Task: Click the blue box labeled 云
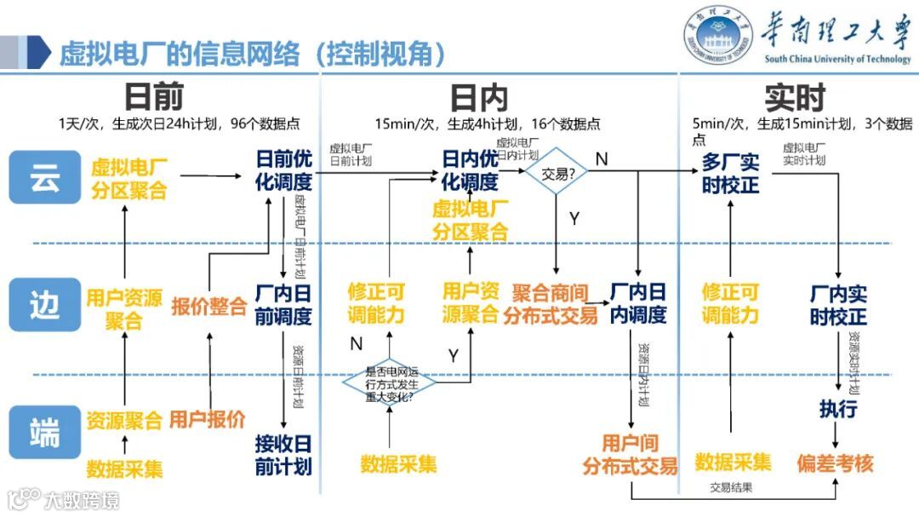coord(44,177)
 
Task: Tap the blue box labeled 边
coord(44,305)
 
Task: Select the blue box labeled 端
coord(44,432)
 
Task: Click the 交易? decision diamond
coord(555,174)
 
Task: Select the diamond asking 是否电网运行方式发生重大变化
coord(389,383)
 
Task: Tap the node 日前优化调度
coord(284,170)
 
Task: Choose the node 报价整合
coord(208,306)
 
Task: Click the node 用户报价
coord(208,418)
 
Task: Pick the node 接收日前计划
coord(283,455)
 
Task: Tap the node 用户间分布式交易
coord(630,454)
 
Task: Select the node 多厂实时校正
coord(730,173)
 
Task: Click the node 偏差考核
coord(835,462)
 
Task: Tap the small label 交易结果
coord(732,488)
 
